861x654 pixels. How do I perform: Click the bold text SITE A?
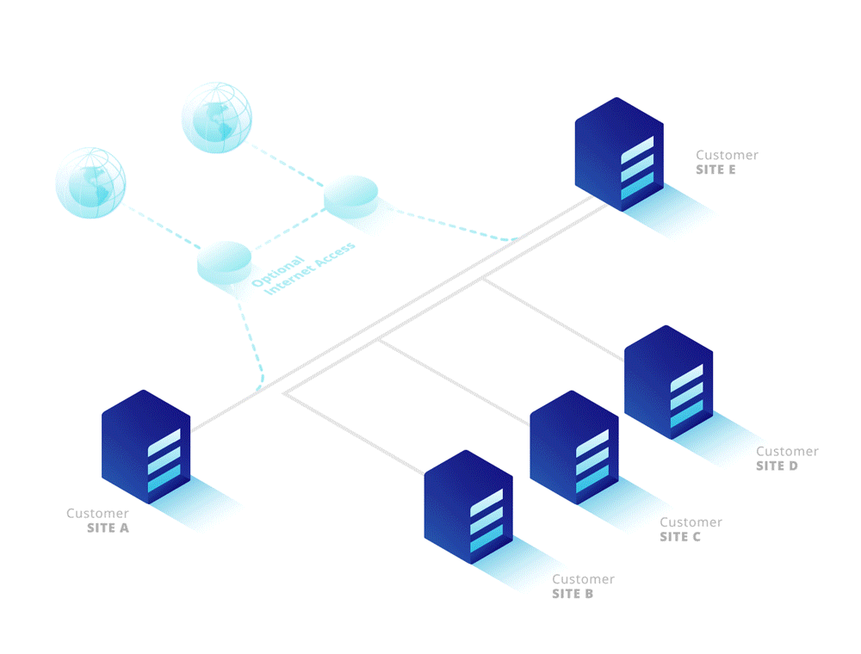pyautogui.click(x=108, y=528)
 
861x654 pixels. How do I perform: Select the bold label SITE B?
pyautogui.click(x=573, y=593)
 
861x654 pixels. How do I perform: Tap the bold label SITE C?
pyautogui.click(x=680, y=536)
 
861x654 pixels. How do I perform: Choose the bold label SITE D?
pyautogui.click(x=777, y=466)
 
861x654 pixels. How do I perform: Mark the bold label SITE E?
pyautogui.click(x=715, y=170)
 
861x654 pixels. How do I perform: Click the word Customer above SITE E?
pyautogui.click(x=728, y=155)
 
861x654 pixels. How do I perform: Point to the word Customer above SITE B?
pyautogui.click(x=584, y=579)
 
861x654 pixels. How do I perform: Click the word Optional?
pyautogui.click(x=278, y=271)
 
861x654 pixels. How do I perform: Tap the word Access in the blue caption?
pyautogui.click(x=335, y=254)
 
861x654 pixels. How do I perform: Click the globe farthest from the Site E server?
pyautogui.click(x=90, y=182)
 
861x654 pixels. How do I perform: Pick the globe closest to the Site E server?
pyautogui.click(x=218, y=118)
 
